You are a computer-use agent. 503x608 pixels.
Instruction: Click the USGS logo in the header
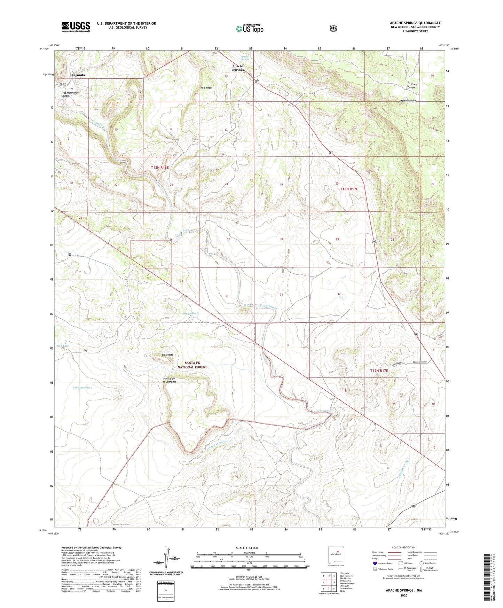tap(76, 27)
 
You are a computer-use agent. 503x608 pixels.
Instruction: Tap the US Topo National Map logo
tap(249, 29)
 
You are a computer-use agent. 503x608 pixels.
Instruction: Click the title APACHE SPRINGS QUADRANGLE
tap(415, 23)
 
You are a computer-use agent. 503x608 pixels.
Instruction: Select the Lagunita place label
tap(78, 75)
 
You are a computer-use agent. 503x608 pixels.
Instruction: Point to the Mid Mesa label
tap(206, 88)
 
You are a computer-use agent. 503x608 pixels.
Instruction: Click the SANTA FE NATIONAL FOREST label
tap(192, 365)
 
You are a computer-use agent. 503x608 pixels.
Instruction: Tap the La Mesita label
tap(167, 355)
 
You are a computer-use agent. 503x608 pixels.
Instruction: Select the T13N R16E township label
tap(160, 168)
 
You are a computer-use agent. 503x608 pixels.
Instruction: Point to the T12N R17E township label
tap(379, 371)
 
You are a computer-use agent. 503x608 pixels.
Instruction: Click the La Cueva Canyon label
tap(413, 86)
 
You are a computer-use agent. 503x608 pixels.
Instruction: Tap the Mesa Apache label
tap(408, 101)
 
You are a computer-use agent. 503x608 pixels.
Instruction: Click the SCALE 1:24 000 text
tap(247, 548)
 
